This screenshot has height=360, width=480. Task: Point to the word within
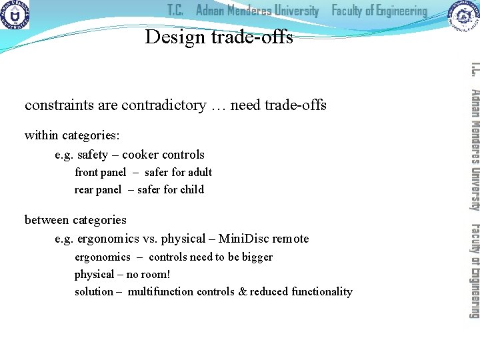coord(41,136)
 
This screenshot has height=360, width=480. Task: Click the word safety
coord(93,155)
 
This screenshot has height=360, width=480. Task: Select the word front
coord(86,173)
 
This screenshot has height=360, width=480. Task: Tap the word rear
coord(84,190)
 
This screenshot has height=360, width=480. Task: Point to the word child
coord(192,190)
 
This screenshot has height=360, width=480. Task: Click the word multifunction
coord(160,292)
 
